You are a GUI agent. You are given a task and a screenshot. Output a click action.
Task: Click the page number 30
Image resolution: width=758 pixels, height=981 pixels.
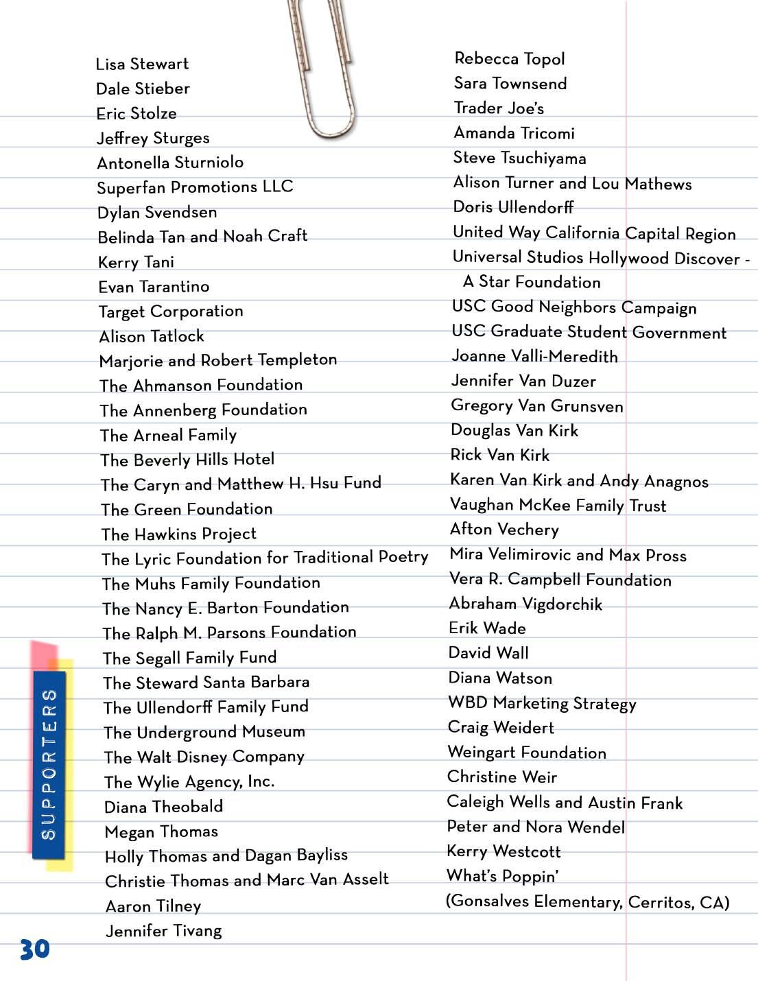[34, 949]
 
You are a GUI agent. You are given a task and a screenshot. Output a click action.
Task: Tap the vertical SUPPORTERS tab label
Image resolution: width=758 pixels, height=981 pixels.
[49, 764]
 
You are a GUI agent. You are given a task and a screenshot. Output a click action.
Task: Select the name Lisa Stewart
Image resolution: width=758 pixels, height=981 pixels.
[142, 64]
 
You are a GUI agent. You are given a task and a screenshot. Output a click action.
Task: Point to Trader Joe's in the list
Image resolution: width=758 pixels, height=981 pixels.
[499, 108]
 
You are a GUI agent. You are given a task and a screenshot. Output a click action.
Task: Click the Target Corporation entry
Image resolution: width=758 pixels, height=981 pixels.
[171, 311]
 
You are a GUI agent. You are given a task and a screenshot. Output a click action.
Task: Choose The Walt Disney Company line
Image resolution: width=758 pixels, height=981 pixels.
[204, 757]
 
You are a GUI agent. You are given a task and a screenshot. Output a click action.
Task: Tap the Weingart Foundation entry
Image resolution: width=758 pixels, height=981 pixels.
[527, 753]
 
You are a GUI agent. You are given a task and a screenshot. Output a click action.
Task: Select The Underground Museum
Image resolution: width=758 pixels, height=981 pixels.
[204, 733]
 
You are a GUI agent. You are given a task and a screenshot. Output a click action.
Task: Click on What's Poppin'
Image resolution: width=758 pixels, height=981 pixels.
[502, 876]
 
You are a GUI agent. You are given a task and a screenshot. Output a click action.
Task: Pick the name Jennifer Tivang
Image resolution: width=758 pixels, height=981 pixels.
[164, 931]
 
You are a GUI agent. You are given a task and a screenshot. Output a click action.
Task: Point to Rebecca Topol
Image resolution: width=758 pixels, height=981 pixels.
[510, 59]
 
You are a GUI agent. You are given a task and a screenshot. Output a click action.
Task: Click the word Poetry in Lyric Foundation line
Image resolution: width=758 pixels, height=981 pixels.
[403, 557]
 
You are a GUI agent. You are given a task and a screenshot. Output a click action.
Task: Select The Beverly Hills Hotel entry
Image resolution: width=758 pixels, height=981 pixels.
[187, 460]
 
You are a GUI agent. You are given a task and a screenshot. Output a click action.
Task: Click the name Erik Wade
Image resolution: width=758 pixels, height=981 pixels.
[487, 628]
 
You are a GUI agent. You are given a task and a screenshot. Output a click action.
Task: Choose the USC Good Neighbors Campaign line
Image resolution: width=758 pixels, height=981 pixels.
[574, 307]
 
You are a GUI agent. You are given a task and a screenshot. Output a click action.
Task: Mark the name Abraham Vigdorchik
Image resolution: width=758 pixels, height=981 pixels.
[525, 604]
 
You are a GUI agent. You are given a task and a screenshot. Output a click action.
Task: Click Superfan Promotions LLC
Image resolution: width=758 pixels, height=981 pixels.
[195, 187]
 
